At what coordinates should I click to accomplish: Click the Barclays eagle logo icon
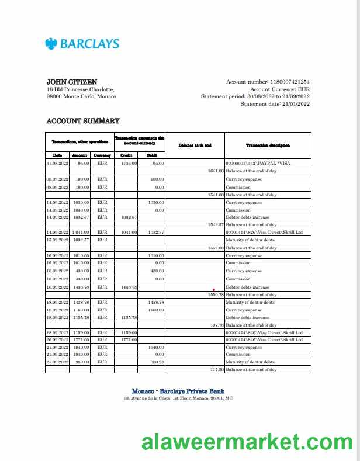point(51,43)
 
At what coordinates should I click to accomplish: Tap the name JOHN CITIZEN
point(72,82)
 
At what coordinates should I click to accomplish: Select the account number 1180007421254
point(289,82)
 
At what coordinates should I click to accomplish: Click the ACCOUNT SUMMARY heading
point(82,121)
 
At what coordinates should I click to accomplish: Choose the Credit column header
point(126,155)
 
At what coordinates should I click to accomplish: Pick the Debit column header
point(151,155)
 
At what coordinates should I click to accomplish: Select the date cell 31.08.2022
point(57,164)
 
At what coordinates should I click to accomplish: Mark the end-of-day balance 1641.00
point(216,171)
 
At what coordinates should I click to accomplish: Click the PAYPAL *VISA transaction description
point(258,164)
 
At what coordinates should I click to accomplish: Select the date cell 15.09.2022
point(57,240)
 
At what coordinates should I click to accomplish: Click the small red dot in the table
point(214,289)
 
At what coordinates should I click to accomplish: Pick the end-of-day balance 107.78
point(217,325)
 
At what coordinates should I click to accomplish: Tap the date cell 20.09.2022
point(57,339)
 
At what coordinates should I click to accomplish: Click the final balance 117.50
point(217,370)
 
